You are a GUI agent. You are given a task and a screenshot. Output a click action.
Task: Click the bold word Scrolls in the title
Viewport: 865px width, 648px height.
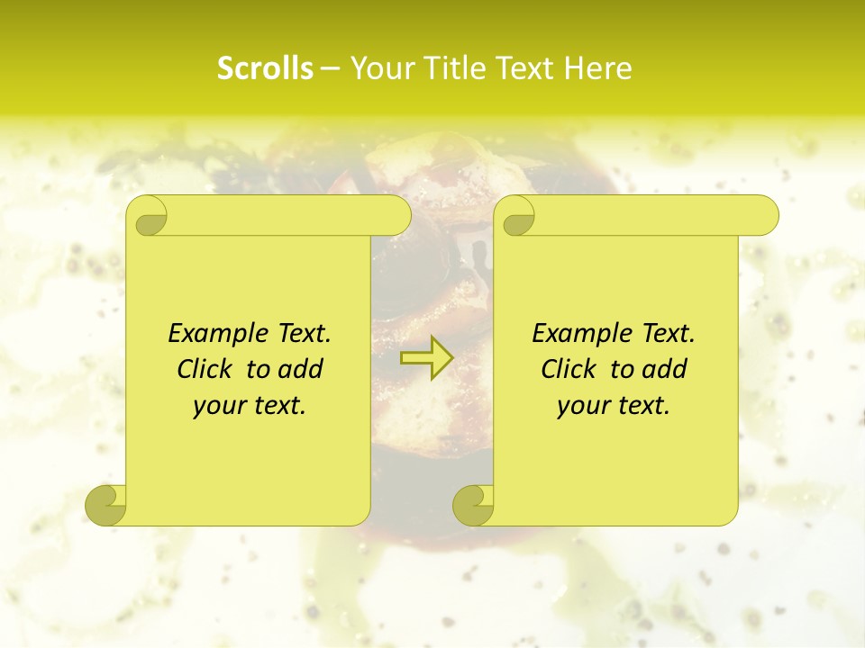click(266, 68)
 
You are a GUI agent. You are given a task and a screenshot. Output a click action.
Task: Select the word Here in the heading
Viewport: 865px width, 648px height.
click(598, 68)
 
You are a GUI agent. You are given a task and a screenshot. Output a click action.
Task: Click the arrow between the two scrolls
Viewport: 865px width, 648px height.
click(426, 358)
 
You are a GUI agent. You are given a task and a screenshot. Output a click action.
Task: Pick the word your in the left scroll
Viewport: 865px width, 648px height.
click(217, 407)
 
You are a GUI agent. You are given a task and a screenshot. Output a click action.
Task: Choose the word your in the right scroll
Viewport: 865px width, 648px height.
click(581, 407)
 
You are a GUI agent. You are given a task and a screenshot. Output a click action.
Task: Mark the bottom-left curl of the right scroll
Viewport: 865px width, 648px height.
click(474, 504)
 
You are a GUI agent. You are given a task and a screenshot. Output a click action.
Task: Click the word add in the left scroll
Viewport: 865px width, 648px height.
click(301, 370)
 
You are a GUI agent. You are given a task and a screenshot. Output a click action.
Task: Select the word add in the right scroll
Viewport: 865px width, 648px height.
click(665, 370)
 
